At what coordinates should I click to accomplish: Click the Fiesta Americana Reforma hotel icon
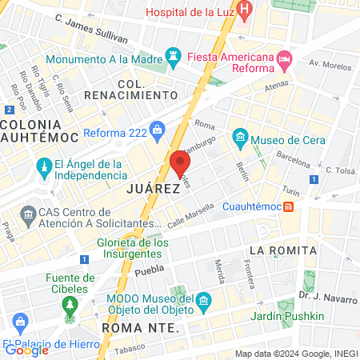(x=284, y=59)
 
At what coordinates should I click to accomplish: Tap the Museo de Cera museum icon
(x=240, y=140)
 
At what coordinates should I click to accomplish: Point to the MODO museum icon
(x=204, y=303)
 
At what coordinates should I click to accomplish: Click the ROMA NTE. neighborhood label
(x=138, y=328)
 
